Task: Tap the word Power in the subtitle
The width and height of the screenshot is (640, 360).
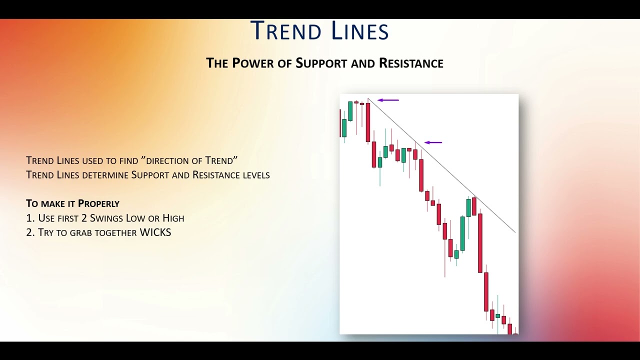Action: coord(253,63)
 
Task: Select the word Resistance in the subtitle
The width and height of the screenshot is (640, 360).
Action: coord(411,63)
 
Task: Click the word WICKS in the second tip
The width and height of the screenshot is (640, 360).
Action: coord(155,232)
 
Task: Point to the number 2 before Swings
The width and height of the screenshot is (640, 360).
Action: coord(83,218)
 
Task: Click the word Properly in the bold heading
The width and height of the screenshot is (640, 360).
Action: coord(98,203)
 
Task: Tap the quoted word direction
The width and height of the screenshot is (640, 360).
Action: coord(167,161)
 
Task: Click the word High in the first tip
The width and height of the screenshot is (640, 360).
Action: coord(173,218)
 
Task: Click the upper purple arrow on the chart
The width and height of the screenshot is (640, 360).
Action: coord(388,100)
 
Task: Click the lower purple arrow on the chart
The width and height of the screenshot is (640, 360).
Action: coord(433,142)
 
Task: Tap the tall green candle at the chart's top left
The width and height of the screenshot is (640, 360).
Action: coord(350,111)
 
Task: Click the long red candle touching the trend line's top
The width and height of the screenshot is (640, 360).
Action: coord(368,122)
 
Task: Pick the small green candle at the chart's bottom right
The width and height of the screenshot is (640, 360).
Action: coord(497,315)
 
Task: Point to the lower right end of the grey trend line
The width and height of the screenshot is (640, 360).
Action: coord(515,232)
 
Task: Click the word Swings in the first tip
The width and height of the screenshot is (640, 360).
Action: coord(107,218)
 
